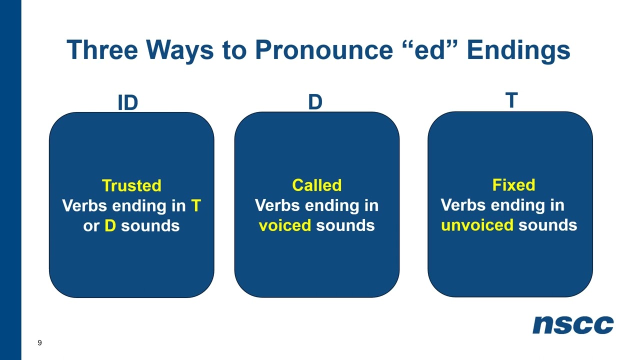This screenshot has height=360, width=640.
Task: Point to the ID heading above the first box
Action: [127, 103]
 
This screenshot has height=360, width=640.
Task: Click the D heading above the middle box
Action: [315, 102]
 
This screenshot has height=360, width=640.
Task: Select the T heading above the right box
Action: [511, 101]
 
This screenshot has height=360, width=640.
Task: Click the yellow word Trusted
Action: [131, 185]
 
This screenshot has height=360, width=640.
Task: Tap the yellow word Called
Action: [316, 185]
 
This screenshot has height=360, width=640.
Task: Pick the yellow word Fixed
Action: [513, 184]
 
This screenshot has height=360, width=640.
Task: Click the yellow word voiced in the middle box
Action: [284, 225]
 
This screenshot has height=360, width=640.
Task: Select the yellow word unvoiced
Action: [477, 225]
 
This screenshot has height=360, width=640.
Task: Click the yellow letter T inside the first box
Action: [195, 205]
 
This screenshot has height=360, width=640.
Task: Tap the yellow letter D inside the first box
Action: [110, 225]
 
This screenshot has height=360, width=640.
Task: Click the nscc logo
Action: [573, 325]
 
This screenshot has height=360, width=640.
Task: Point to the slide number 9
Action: [39, 342]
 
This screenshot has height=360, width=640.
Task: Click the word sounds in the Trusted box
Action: [150, 225]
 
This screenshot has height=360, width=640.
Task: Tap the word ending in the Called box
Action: [329, 205]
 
